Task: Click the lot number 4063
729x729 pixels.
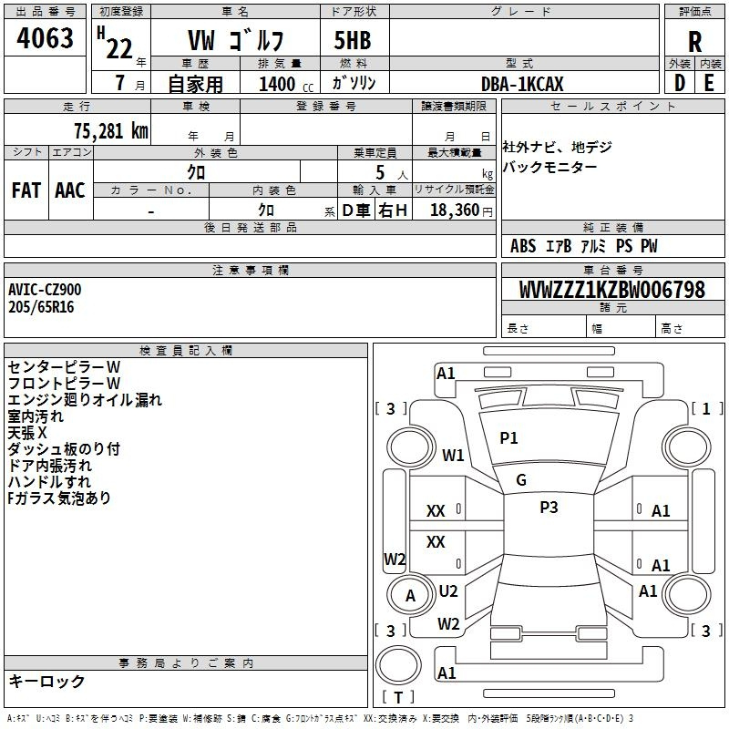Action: [x=45, y=37]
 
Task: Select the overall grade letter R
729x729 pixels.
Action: [x=694, y=42]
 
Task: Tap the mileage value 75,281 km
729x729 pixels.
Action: [x=111, y=131]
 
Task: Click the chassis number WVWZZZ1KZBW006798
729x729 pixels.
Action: [x=612, y=289]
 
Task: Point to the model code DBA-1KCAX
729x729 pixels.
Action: [x=522, y=84]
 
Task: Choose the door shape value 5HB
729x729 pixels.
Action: [x=353, y=40]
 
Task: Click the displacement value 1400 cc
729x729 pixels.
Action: [x=286, y=84]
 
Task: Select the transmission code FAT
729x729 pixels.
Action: [x=26, y=190]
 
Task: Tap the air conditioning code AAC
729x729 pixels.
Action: [x=70, y=190]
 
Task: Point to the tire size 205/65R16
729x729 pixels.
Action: [x=41, y=307]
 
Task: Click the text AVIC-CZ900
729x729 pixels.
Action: [x=45, y=290]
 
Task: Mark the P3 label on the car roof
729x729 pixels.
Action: [x=549, y=508]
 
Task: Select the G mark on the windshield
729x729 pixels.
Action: [x=521, y=480]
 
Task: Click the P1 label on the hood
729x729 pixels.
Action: [x=508, y=438]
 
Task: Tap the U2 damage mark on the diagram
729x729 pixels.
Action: [x=448, y=591]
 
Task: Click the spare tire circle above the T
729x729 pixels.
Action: [x=398, y=665]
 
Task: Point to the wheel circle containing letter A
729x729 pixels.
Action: [x=410, y=595]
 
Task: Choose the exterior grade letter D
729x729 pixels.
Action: [x=680, y=83]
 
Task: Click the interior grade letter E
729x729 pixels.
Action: [x=709, y=83]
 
